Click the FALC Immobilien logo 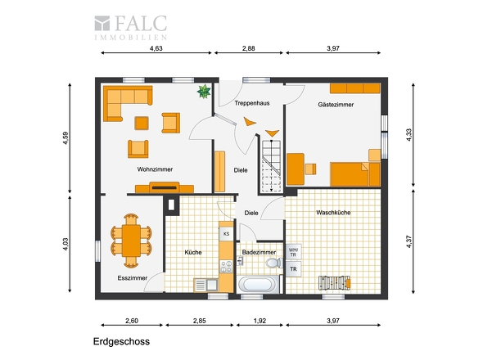click(131, 27)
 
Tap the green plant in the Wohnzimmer click(204, 91)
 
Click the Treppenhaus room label click(252, 103)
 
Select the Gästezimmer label click(336, 105)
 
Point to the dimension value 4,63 click(156, 48)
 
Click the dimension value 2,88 click(249, 48)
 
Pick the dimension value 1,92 click(260, 321)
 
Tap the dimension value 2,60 click(132, 321)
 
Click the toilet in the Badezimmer click(274, 263)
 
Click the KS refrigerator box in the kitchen click(227, 234)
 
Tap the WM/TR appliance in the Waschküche click(293, 252)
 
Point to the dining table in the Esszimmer click(131, 241)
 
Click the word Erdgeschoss click(122, 341)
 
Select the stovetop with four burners click(227, 267)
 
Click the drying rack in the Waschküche click(335, 282)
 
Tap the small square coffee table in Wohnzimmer click(142, 124)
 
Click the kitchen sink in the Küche click(206, 285)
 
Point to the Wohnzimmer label click(155, 169)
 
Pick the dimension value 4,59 click(65, 138)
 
